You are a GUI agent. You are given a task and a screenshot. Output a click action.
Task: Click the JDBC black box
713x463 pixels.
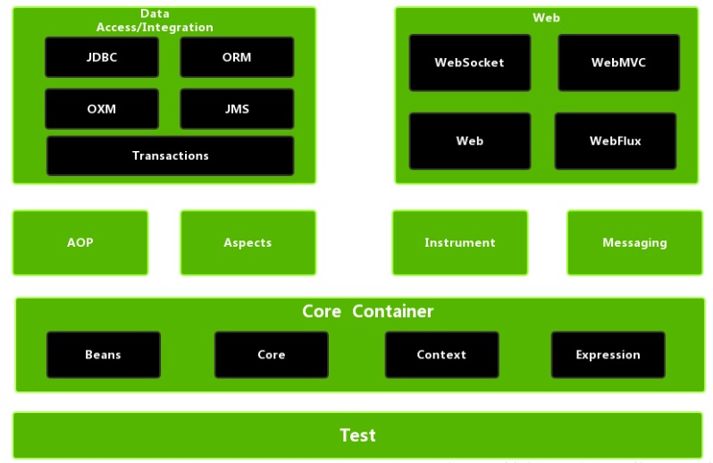(x=102, y=57)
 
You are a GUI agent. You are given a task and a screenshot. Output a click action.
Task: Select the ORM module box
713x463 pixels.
(x=237, y=57)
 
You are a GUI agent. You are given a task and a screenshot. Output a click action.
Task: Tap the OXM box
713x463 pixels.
(x=102, y=109)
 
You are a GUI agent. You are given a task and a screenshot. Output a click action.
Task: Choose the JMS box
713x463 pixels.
(x=237, y=109)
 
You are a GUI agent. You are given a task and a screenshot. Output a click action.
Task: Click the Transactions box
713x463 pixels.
(x=170, y=156)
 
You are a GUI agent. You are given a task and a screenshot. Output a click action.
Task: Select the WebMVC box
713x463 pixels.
(x=618, y=63)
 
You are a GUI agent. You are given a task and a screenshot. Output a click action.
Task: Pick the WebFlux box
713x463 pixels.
(x=615, y=141)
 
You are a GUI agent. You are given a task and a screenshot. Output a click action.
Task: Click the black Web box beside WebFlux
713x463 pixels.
(x=469, y=141)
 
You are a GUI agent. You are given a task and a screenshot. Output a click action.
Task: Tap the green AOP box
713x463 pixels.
(x=80, y=242)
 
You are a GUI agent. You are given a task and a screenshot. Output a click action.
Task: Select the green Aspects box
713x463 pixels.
(x=247, y=242)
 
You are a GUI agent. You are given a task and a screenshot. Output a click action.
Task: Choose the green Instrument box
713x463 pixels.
(x=459, y=242)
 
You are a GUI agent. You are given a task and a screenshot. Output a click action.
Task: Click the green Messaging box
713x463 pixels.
(x=634, y=242)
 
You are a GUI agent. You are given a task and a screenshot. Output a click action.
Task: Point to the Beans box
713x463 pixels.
(x=103, y=355)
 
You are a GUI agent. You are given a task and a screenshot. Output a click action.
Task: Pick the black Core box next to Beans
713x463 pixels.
(x=271, y=355)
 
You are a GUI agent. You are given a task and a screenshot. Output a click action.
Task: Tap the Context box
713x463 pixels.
(x=441, y=355)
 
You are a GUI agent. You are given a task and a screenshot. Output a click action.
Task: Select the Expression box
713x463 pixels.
(x=608, y=355)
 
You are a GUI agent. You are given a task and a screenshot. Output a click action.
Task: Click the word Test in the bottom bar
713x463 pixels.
(x=357, y=435)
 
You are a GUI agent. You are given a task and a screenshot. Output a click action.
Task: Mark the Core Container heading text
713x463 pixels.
(x=367, y=311)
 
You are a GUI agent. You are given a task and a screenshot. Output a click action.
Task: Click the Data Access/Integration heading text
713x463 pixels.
(x=155, y=21)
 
